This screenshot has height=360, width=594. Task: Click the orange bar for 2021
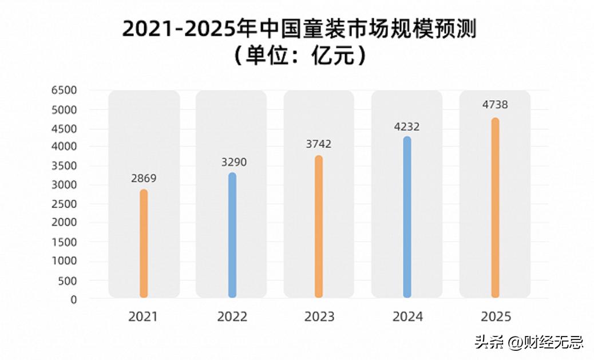[144, 244]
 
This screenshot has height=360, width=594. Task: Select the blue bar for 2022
[232, 235]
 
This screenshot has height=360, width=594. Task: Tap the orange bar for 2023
[319, 227]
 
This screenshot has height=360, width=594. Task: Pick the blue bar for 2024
[407, 217]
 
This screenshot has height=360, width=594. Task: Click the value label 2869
[144, 179]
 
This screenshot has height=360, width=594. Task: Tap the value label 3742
[319, 144]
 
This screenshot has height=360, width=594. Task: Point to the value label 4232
[407, 127]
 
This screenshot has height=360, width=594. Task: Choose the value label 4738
[495, 105]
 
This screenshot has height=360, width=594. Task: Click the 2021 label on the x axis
[143, 317]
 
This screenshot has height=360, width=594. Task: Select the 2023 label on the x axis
[319, 317]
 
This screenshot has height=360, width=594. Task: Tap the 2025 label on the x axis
[496, 317]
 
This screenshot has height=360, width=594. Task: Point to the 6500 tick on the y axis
[64, 90]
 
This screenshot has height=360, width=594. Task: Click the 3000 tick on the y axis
[64, 185]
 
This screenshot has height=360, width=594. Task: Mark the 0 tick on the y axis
[73, 299]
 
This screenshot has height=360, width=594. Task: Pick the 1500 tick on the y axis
[64, 242]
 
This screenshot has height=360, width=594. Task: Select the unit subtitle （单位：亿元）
[299, 56]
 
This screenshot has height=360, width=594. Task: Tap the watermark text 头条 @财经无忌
[528, 342]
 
